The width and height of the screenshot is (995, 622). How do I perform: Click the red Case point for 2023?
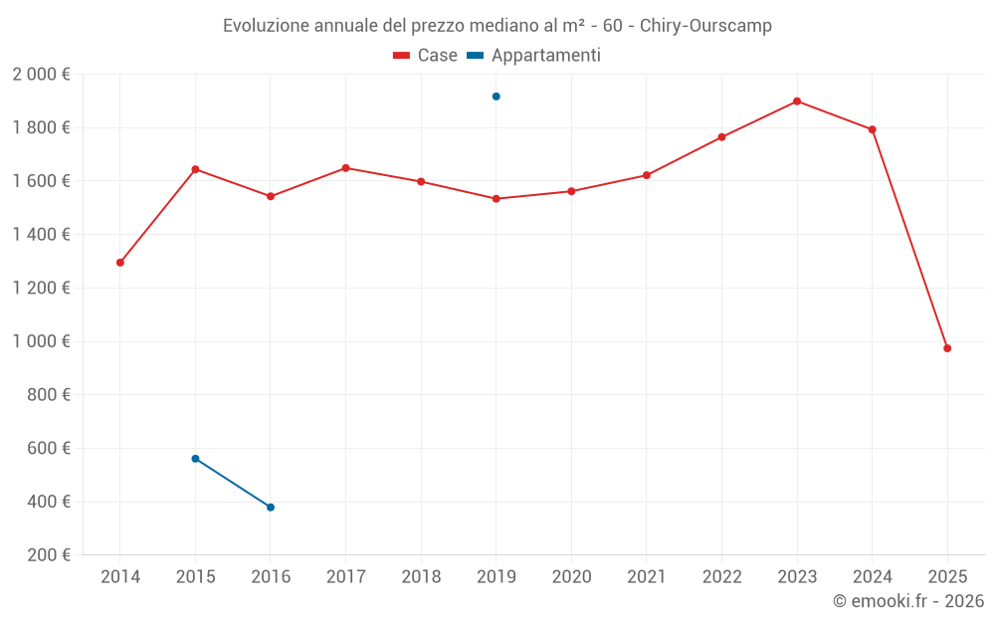click(797, 102)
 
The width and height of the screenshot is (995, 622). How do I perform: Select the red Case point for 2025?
click(947, 348)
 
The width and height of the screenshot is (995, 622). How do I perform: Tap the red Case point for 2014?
click(120, 263)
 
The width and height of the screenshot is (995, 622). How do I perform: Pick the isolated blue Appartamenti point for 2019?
click(497, 97)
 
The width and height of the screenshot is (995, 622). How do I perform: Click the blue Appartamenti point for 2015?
click(195, 459)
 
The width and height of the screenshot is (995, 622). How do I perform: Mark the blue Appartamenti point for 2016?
click(271, 508)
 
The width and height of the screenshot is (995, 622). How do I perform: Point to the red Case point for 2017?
click(345, 168)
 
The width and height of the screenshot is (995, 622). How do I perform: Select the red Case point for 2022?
click(721, 137)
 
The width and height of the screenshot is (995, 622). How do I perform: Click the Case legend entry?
click(425, 56)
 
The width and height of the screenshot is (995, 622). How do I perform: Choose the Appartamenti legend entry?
click(534, 56)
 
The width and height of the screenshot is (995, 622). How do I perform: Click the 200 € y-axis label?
click(47, 555)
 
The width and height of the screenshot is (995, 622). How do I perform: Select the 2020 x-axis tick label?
click(571, 577)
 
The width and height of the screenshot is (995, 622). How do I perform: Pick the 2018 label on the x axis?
click(421, 577)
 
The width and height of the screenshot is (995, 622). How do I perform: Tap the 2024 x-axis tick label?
click(872, 577)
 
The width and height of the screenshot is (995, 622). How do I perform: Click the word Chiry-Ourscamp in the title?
click(705, 26)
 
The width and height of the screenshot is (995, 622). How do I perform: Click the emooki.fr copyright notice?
click(907, 601)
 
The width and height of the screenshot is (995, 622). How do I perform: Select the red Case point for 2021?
click(647, 175)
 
